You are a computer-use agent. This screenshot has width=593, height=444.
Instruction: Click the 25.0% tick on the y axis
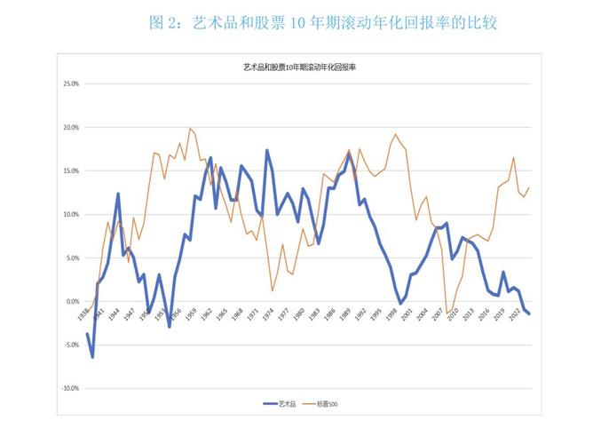[x=69, y=84]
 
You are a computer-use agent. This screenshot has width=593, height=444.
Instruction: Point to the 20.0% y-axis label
[x=69, y=128]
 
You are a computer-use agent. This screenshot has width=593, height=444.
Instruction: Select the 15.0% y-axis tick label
[x=69, y=171]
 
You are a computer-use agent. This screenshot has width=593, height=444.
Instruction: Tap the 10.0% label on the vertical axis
[x=69, y=215]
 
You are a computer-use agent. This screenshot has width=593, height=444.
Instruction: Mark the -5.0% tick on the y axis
[x=69, y=345]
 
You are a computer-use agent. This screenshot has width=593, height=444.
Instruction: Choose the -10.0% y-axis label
[x=68, y=389]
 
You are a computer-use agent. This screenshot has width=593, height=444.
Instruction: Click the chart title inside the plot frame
[x=299, y=67]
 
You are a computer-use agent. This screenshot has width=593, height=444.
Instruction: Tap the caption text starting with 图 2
[x=323, y=23]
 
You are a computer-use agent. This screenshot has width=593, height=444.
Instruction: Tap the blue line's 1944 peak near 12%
[x=118, y=194]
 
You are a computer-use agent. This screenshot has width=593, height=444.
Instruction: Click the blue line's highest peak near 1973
[x=267, y=150]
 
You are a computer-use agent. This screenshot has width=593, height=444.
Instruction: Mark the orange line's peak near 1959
[x=190, y=129]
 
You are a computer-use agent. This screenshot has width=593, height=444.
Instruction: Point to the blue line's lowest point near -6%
[x=92, y=357]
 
